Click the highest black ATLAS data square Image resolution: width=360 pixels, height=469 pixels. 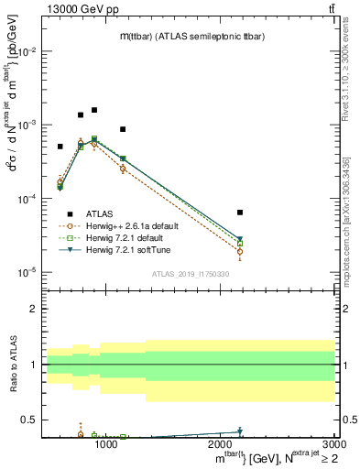click(x=93, y=110)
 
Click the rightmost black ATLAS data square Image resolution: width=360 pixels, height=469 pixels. click(x=240, y=213)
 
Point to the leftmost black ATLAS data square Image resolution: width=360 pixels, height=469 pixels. click(x=60, y=147)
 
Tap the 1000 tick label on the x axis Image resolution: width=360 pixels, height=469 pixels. click(x=106, y=444)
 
